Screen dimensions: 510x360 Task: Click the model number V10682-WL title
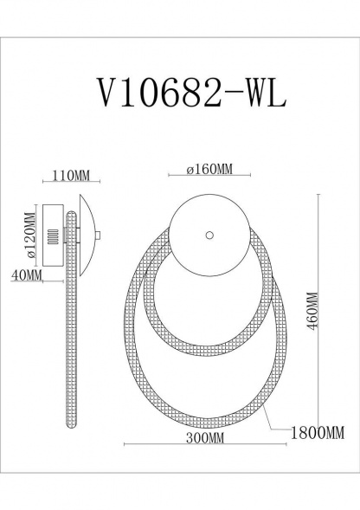click(181, 91)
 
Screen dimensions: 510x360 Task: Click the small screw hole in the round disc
click(209, 234)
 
